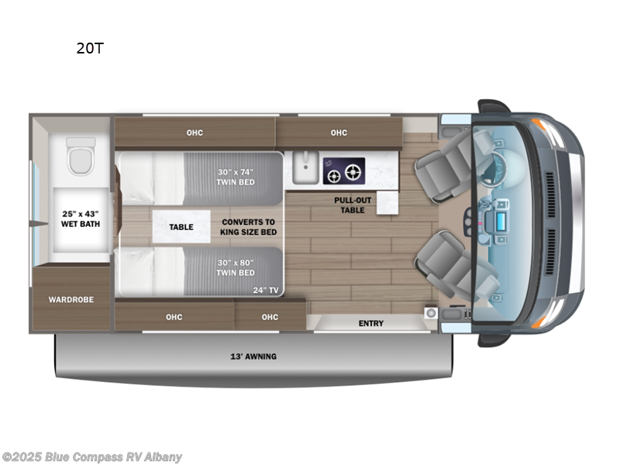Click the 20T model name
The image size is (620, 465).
[x=90, y=48]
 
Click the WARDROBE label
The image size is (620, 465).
[x=71, y=299]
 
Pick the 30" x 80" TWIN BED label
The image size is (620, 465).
[x=236, y=267]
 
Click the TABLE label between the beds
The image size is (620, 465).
[x=181, y=227]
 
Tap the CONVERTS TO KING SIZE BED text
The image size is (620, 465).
[x=248, y=226]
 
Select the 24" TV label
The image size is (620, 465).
[x=266, y=291]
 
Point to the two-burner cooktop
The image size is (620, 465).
[x=345, y=170]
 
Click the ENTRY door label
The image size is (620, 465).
[x=370, y=323]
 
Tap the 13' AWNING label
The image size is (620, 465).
[x=254, y=356]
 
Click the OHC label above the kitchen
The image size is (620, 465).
[x=339, y=133]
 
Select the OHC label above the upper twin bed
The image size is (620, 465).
[x=195, y=133]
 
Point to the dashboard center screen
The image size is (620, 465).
[x=501, y=215]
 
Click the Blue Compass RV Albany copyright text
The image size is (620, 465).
[x=92, y=456]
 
